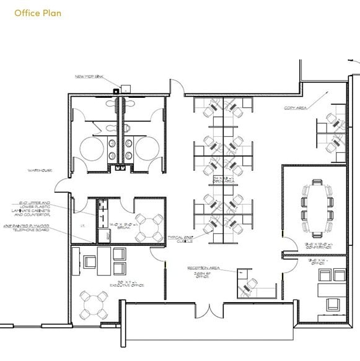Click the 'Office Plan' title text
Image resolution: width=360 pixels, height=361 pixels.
(38, 12)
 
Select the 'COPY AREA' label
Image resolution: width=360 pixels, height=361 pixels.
(296, 108)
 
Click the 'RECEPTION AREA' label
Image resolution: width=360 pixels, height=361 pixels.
(204, 268)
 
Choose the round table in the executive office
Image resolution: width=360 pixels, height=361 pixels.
(93, 305)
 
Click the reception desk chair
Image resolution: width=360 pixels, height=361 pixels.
(251, 284)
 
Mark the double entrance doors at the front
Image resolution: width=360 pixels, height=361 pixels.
(209, 307)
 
